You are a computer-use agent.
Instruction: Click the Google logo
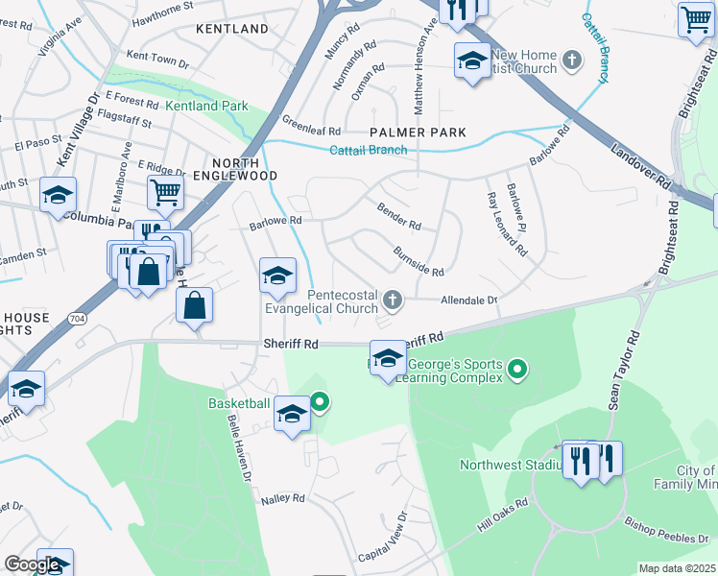(32, 564)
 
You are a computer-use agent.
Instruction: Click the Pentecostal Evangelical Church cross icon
(392, 302)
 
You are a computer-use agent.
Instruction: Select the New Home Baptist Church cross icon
(572, 61)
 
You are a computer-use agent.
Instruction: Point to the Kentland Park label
(206, 107)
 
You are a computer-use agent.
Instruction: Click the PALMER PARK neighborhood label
(419, 132)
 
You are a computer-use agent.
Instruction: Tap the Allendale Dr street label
(469, 300)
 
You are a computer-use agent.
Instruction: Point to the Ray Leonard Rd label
(507, 225)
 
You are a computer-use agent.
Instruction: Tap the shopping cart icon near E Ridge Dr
(165, 191)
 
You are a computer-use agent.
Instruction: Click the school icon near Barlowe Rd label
(276, 276)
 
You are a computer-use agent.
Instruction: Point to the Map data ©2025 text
(677, 568)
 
